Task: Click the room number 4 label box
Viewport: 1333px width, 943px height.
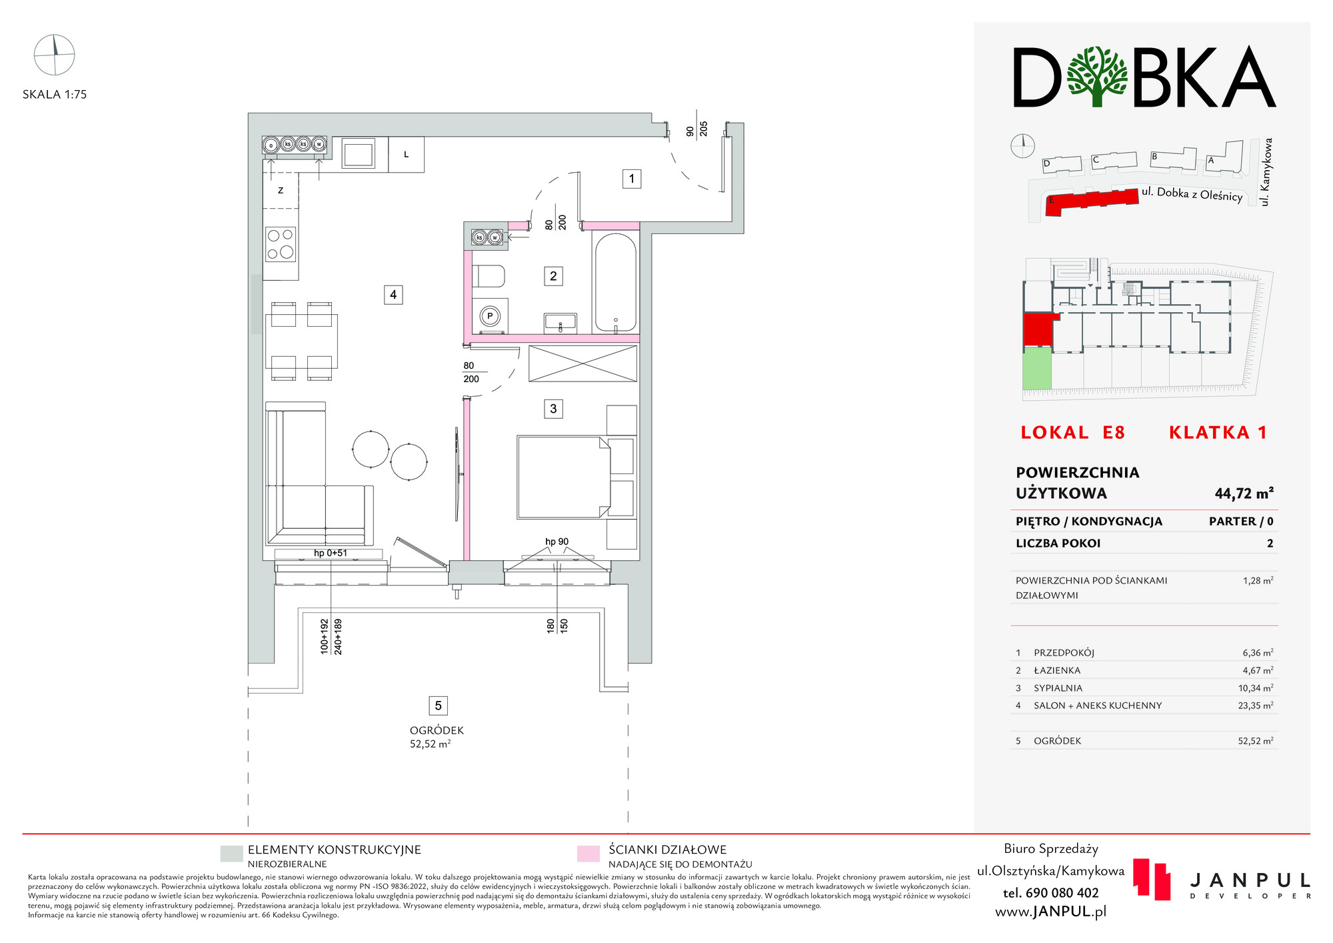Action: [393, 295]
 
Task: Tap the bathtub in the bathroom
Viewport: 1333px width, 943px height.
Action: [615, 282]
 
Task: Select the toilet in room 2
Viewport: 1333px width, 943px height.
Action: [489, 276]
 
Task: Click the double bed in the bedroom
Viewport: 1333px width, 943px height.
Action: [564, 477]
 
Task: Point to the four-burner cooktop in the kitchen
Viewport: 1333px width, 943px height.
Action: [281, 243]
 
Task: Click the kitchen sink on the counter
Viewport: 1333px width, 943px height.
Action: [359, 153]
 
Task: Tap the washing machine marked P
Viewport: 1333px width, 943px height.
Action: [491, 316]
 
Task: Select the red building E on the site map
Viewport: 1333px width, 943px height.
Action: [1092, 201]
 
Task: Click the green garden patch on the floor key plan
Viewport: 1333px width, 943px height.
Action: [1037, 368]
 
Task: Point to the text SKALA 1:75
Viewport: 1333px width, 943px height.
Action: [55, 95]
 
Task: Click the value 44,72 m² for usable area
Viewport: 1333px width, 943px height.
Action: [1244, 494]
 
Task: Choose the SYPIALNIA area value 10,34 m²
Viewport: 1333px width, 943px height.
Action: [1256, 688]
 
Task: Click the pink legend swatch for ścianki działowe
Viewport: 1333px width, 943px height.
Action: [588, 854]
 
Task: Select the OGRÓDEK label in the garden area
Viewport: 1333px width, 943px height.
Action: [437, 730]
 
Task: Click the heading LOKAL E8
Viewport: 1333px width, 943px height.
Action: [1072, 433]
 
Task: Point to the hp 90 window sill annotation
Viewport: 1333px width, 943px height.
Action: [557, 542]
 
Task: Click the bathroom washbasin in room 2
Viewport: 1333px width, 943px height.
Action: [561, 323]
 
